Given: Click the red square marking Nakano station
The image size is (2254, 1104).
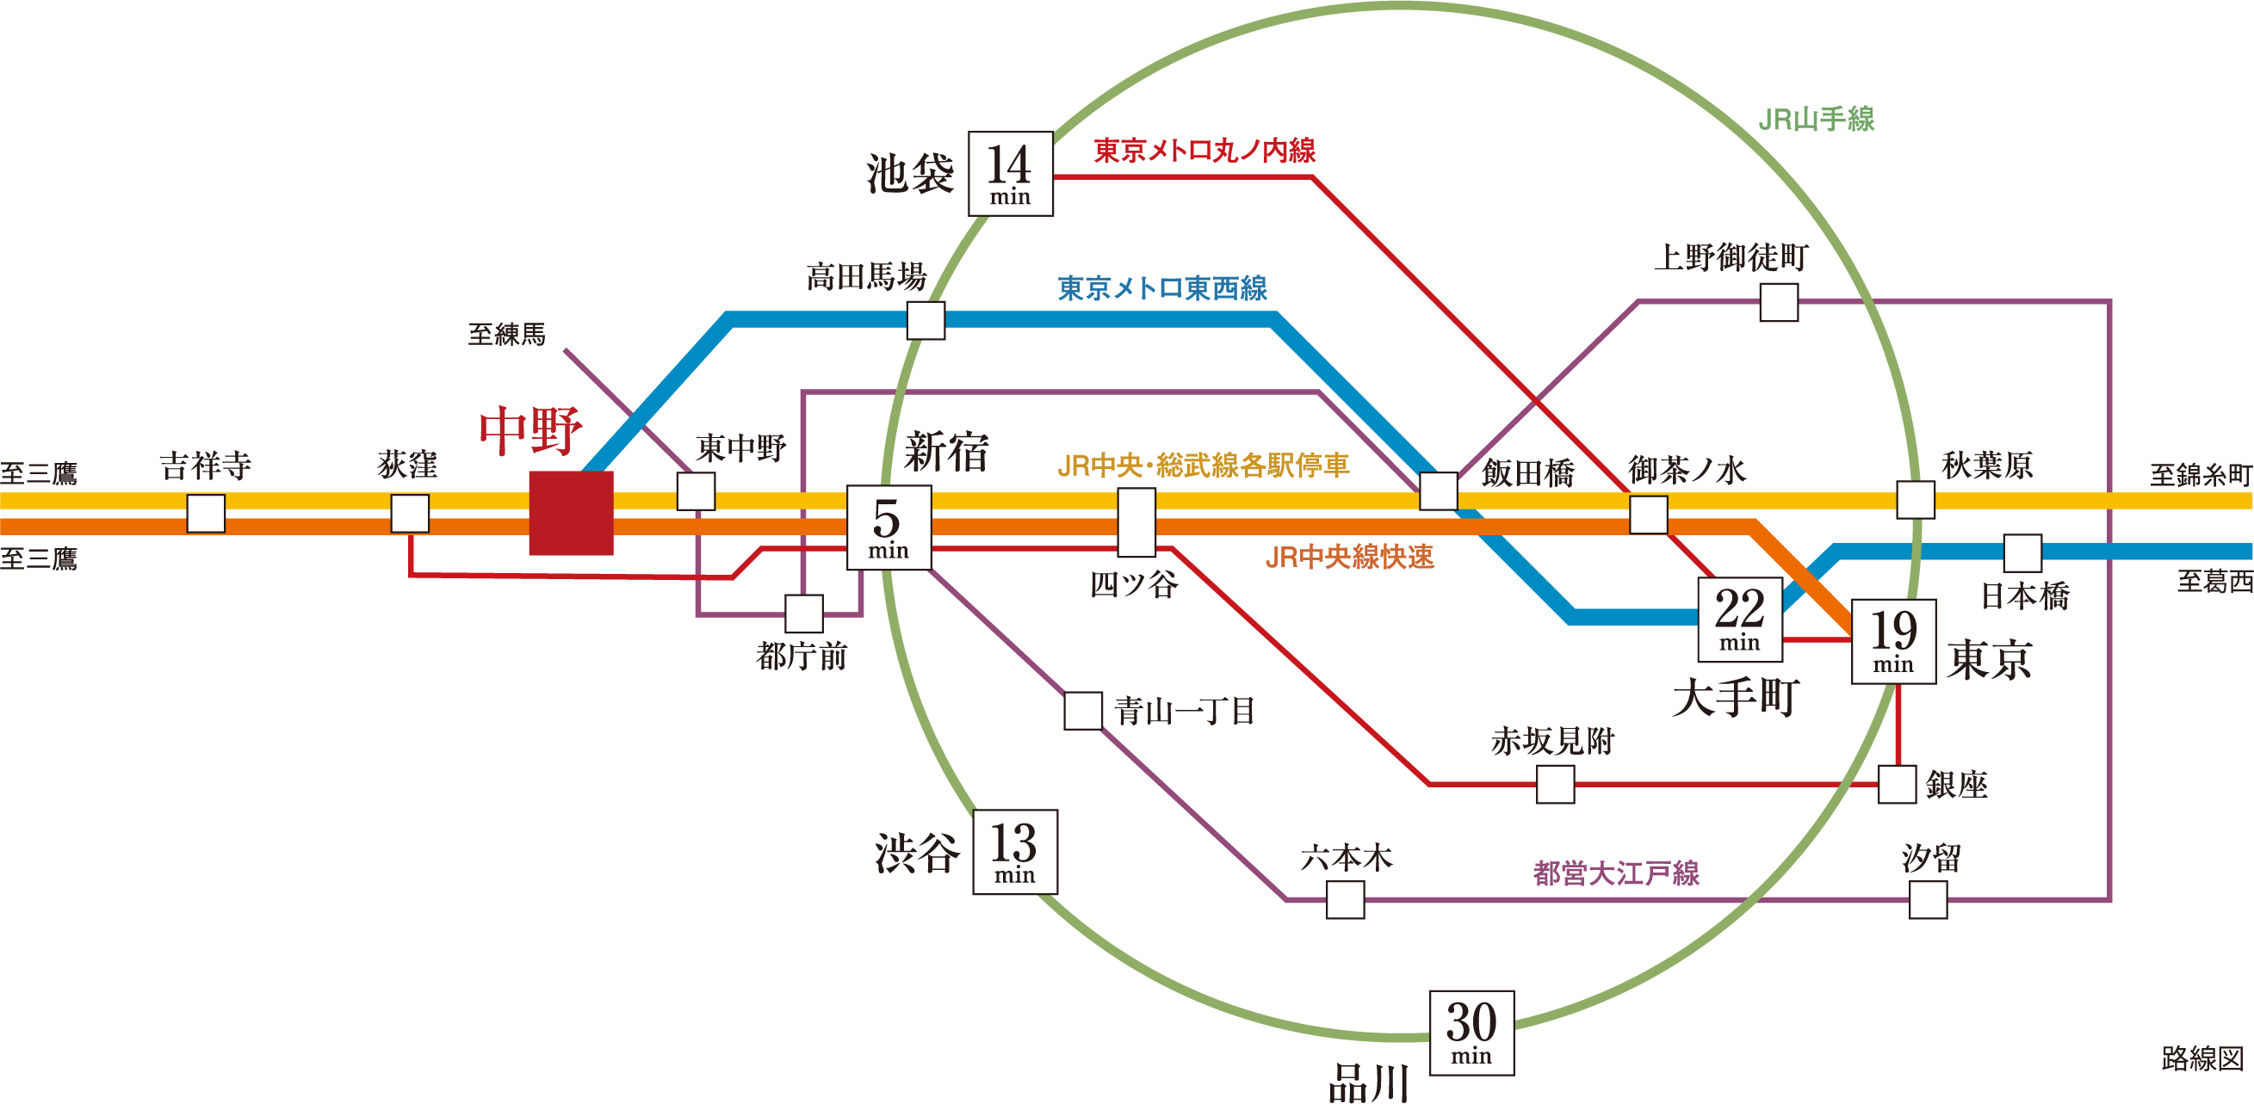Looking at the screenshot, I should coord(571,513).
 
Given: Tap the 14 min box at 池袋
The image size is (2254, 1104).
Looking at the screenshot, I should coord(1011,173).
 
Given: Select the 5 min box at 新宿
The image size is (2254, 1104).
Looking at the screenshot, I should coord(889,527).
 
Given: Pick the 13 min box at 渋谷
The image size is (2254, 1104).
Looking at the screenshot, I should coord(1015,851).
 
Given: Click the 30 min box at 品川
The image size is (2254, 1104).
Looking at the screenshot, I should coord(1471,1033).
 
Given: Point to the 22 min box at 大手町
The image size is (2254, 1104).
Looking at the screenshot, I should coord(1739,620).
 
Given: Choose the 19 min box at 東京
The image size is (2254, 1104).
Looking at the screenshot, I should coord(1893,641).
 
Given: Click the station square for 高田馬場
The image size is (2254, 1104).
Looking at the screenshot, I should coord(926,320).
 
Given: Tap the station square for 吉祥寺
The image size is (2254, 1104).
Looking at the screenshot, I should coord(206,513).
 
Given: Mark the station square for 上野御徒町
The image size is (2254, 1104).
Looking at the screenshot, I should coord(1779,303).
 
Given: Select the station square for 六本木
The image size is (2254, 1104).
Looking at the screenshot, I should coord(1345,899).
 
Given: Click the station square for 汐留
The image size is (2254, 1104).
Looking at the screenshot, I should coord(1928,899).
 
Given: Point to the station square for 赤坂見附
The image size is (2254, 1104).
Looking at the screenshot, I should coord(1556,784).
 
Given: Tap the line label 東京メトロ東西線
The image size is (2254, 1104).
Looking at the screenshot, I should coord(1162,287).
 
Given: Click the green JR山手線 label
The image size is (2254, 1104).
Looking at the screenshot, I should coord(1817,119).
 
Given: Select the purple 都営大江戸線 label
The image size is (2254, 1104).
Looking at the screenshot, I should coord(1616,873).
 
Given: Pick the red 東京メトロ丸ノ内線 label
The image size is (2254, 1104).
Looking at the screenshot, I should coord(1204,151).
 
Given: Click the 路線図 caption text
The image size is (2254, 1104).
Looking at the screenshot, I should coord(2201,1058).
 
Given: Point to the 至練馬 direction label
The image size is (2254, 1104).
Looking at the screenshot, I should coord(506,334).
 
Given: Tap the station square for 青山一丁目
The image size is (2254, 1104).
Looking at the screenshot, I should coord(1082,711).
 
